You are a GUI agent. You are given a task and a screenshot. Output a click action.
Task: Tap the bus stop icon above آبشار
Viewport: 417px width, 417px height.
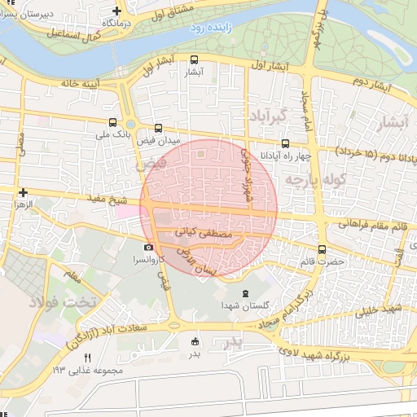194,59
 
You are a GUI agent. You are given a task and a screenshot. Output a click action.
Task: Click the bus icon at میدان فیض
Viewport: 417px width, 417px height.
158,127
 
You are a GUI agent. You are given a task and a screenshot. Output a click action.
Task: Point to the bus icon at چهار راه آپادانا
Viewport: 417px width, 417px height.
284,143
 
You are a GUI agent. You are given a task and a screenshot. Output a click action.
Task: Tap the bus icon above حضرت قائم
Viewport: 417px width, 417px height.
323,249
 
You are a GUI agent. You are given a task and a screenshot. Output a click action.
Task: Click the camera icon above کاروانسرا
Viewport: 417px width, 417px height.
147,247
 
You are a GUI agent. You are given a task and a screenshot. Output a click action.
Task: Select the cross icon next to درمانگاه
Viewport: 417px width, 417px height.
117,11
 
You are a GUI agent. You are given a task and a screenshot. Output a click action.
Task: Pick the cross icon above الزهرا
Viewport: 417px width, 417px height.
24,192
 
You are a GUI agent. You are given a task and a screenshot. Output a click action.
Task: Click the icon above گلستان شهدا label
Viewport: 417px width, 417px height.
244,293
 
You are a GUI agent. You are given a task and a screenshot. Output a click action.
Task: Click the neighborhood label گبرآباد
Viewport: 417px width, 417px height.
269,116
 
